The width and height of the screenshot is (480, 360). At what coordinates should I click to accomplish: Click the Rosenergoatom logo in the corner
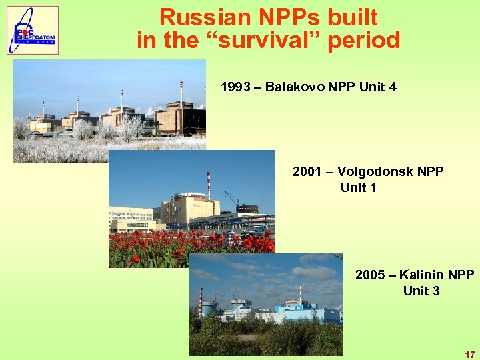point(33,30)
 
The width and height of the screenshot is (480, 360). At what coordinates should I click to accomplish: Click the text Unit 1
point(359,187)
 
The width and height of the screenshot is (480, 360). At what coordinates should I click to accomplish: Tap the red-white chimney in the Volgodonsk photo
point(209,185)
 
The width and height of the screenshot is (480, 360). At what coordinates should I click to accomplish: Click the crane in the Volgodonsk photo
point(231,198)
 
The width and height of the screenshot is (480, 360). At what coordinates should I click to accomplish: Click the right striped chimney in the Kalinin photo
point(300,293)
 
